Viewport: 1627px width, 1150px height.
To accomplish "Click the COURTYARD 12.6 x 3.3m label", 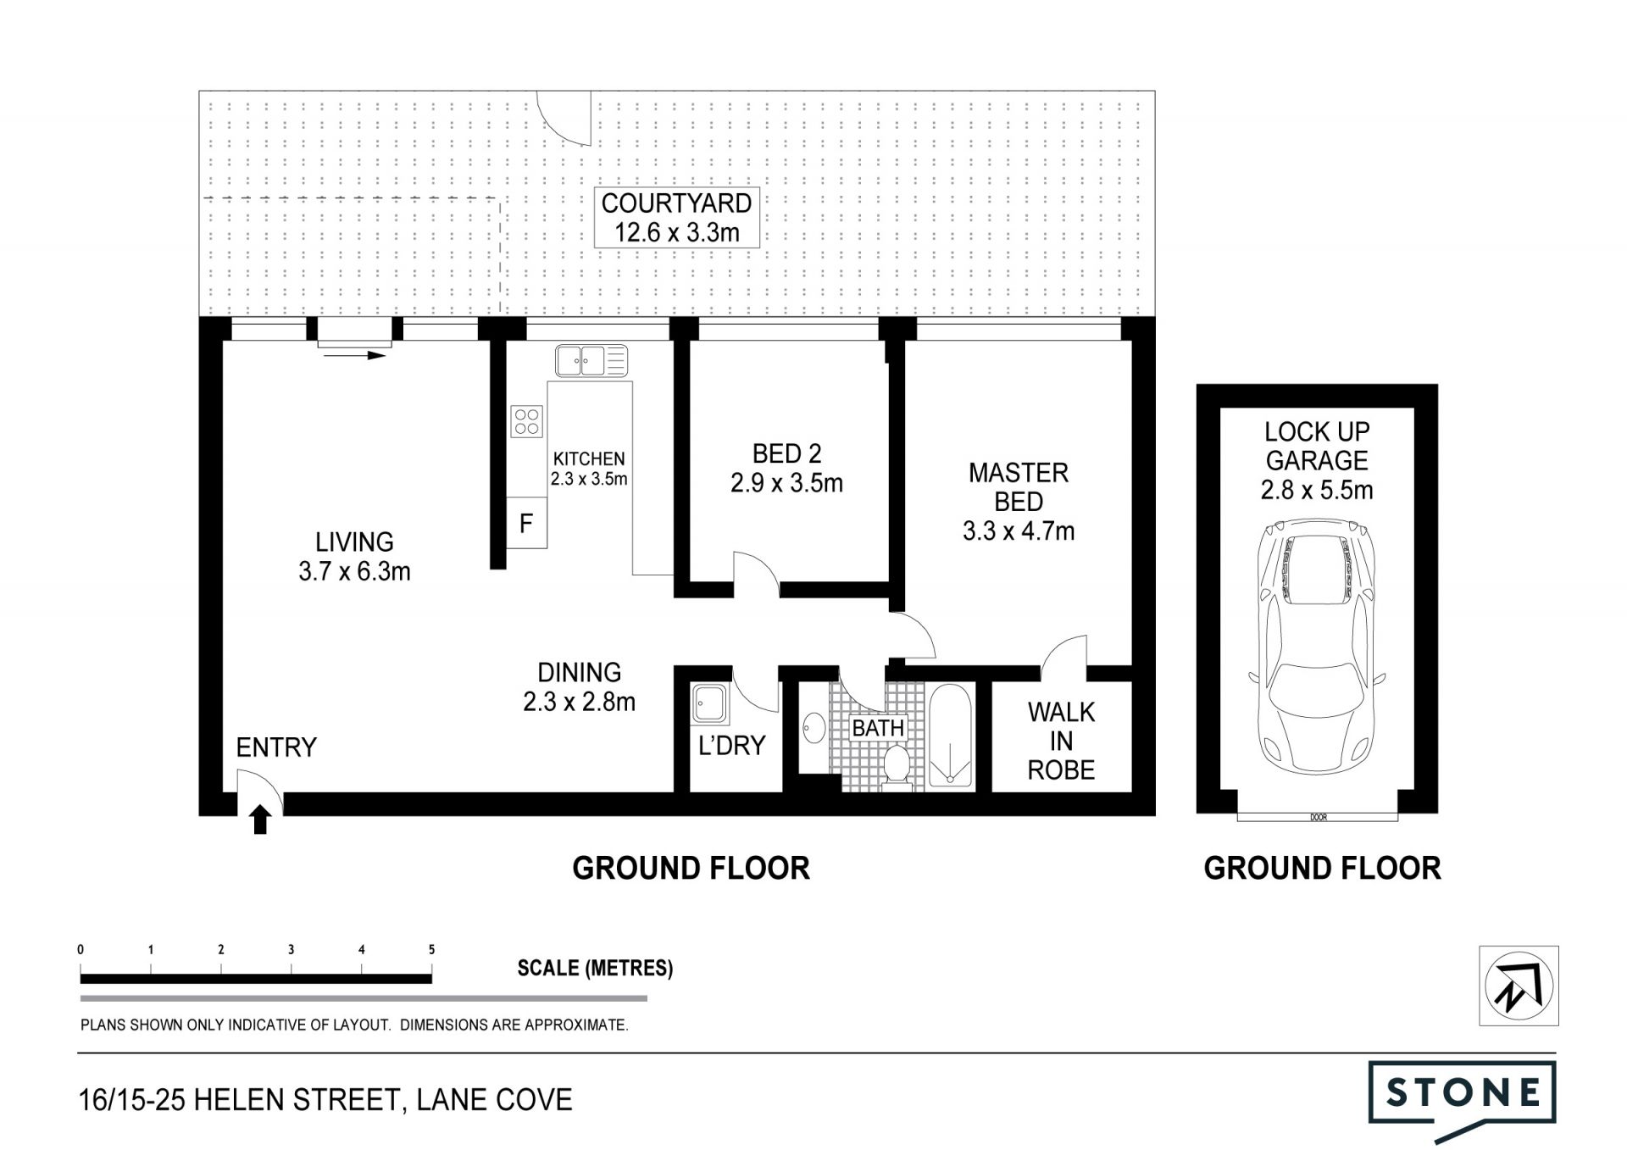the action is [676, 218].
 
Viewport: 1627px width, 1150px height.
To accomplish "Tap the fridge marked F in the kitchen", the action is [526, 523].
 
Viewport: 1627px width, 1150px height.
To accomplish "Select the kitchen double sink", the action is [591, 361].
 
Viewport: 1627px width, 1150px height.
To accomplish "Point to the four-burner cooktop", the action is [526, 421].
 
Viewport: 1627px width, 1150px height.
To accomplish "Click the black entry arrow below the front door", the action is [260, 819].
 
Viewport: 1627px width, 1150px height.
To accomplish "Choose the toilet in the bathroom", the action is [896, 764].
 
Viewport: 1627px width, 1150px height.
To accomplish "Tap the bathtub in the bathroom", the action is [951, 736].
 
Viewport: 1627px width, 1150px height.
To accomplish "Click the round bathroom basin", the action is [813, 728].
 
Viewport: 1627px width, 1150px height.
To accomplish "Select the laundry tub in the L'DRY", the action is [708, 704].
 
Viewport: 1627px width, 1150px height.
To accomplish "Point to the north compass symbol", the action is [1519, 986].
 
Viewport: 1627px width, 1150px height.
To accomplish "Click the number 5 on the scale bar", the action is [431, 950].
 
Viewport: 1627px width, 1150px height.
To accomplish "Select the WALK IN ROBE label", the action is [1061, 742].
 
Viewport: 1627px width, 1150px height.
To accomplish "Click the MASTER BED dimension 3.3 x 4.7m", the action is [1019, 531].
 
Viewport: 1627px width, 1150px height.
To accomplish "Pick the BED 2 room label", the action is [787, 454].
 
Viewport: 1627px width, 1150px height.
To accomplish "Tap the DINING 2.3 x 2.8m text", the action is [580, 687].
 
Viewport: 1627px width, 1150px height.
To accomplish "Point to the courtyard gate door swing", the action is [565, 119].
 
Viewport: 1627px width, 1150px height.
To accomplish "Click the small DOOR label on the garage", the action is [1318, 818].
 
